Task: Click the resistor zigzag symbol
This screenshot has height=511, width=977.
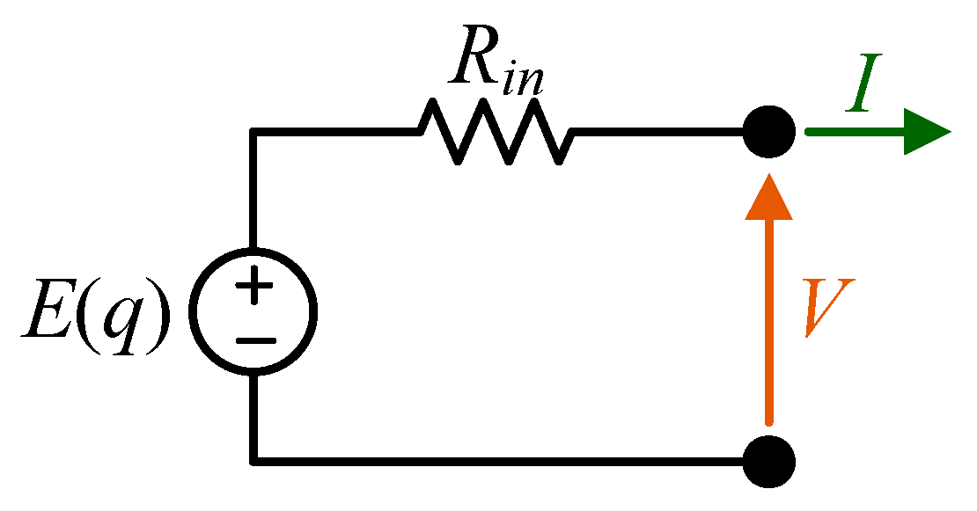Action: [x=496, y=132]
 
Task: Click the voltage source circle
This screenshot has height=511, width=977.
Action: [x=254, y=313]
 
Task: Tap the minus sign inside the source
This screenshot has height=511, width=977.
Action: [x=254, y=339]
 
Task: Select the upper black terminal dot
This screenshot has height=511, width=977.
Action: [x=769, y=133]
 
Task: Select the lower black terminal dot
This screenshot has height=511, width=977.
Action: [x=769, y=460]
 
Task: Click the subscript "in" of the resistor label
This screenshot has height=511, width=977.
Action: [x=525, y=79]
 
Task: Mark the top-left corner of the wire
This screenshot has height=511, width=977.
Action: [x=254, y=133]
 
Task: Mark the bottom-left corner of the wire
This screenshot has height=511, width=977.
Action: [x=254, y=460]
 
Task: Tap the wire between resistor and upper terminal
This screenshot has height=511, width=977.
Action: [x=660, y=133]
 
